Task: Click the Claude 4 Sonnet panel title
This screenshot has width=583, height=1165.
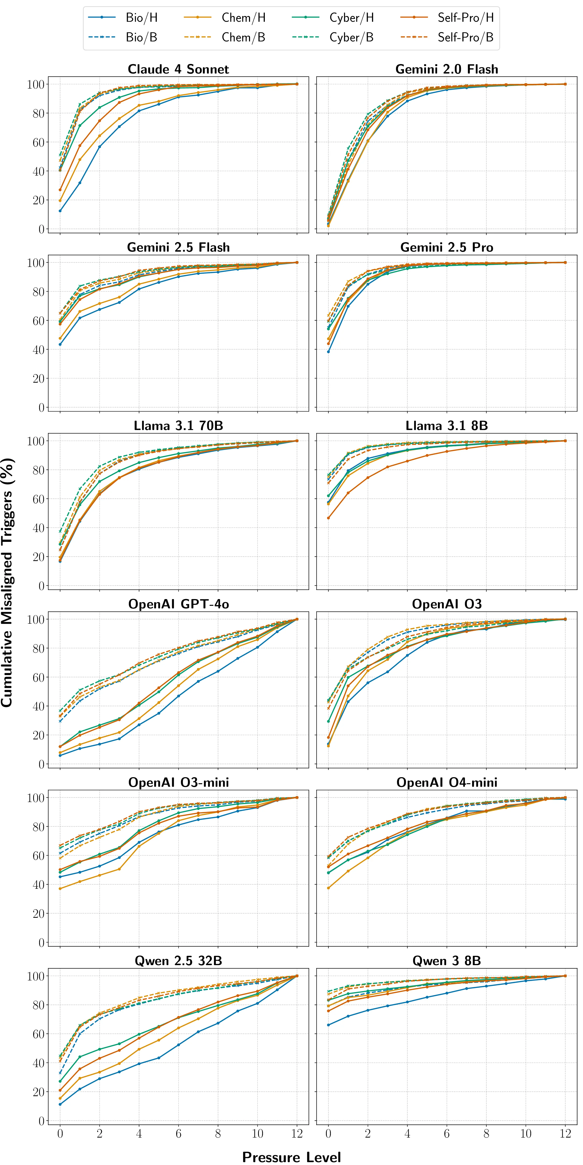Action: [x=178, y=69]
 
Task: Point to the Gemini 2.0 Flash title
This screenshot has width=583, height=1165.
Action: [x=447, y=69]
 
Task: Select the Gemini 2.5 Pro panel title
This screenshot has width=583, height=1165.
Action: [x=447, y=247]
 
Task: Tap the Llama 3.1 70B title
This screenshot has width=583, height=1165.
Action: [x=178, y=426]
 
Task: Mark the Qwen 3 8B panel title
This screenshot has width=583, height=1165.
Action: [x=447, y=960]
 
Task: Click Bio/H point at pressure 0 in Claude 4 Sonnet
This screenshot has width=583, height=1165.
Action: [x=60, y=211]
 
